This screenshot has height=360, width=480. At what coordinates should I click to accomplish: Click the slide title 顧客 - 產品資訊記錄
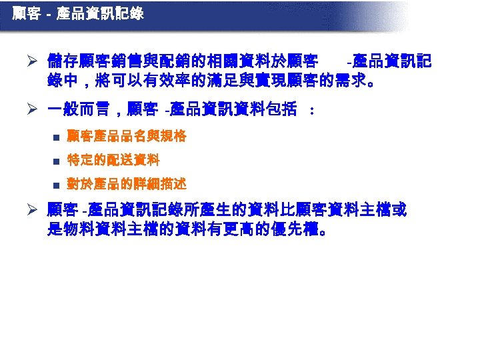pos(78,13)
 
